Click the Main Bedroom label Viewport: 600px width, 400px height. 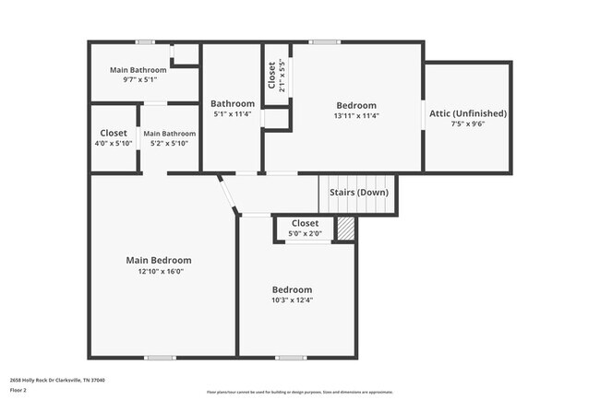point(158,260)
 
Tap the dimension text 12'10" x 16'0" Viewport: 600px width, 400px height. point(158,272)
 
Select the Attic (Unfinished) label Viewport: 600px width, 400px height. point(467,113)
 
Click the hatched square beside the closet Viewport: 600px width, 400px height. point(345,229)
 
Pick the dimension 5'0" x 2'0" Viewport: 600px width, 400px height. point(305,234)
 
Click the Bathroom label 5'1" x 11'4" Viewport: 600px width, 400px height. point(232,103)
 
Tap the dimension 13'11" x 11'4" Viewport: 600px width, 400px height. point(356,116)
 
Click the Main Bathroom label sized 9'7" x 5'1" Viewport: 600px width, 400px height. point(138,70)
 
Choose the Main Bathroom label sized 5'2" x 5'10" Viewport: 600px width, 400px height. point(169,134)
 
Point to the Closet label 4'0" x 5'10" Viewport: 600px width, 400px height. point(114,133)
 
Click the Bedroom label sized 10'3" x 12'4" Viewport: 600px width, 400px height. point(292,289)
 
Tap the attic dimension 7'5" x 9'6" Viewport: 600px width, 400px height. point(467,124)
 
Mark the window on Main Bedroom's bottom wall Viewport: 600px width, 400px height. point(159,358)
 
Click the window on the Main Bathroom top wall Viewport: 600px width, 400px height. point(145,41)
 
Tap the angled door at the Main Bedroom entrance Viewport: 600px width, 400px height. point(226,193)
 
